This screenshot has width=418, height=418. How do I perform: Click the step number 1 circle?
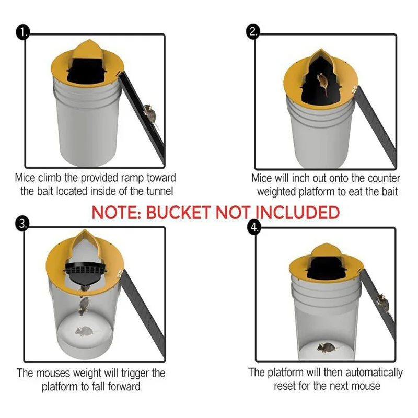click(x=22, y=32)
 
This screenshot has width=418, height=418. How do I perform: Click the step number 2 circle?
click(x=253, y=32)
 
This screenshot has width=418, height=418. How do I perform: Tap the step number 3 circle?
click(x=22, y=224)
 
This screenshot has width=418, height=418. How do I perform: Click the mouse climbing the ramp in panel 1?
click(x=149, y=112)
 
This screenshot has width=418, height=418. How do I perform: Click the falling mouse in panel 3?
click(x=84, y=306)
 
